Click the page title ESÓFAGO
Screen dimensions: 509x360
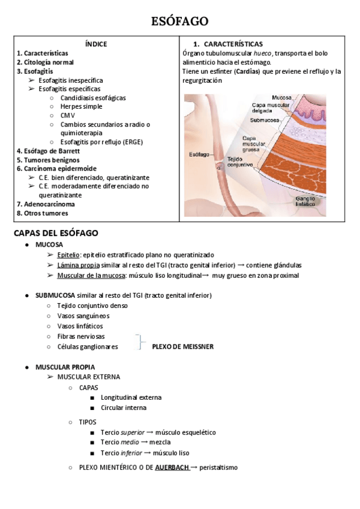(x=179, y=22)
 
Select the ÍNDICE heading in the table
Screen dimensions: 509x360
(x=96, y=44)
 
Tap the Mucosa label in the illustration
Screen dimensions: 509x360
(x=281, y=97)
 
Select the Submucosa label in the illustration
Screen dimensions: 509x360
(x=264, y=120)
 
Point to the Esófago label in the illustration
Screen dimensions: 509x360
(x=200, y=154)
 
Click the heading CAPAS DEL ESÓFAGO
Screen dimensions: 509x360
(x=56, y=233)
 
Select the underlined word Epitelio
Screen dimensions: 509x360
(x=68, y=255)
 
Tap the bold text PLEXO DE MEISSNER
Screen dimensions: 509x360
(x=182, y=346)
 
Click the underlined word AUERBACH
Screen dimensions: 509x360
(x=172, y=468)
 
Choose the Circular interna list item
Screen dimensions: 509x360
(x=124, y=408)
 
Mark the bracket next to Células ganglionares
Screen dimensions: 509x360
(x=140, y=342)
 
